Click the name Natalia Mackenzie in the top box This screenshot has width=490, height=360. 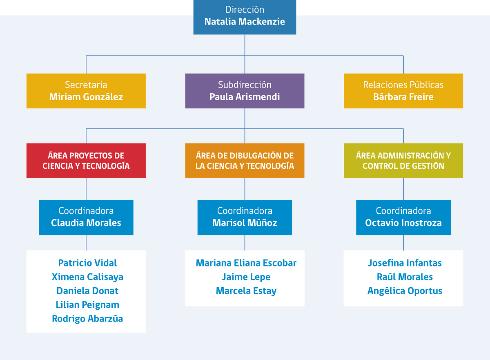pos(245,22)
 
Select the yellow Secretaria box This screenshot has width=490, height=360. pos(86,91)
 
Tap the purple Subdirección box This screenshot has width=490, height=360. pos(245,91)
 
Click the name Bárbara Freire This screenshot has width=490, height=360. pos(403,97)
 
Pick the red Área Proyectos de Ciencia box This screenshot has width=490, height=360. pos(86,161)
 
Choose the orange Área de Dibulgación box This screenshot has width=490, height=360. pos(245,161)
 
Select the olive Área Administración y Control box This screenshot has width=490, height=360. pos(403,161)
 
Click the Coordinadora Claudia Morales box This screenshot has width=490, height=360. pos(86,217)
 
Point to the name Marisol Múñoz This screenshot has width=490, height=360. pos(245,223)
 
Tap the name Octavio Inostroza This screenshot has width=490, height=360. pos(403,223)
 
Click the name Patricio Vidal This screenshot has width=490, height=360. pos(87,263)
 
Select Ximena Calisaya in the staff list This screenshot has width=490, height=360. pos(87,277)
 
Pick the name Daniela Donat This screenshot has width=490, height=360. pos(87,291)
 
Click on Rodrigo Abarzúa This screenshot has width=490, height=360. pos(87,318)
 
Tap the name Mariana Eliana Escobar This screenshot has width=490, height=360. pos(246,263)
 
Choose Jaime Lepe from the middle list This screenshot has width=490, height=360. pos(246,277)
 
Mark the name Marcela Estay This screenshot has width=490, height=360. pos(246,291)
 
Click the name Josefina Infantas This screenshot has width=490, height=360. pos(405,263)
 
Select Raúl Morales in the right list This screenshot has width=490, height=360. pos(405,277)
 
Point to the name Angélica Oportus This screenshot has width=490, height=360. pos(405,291)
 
